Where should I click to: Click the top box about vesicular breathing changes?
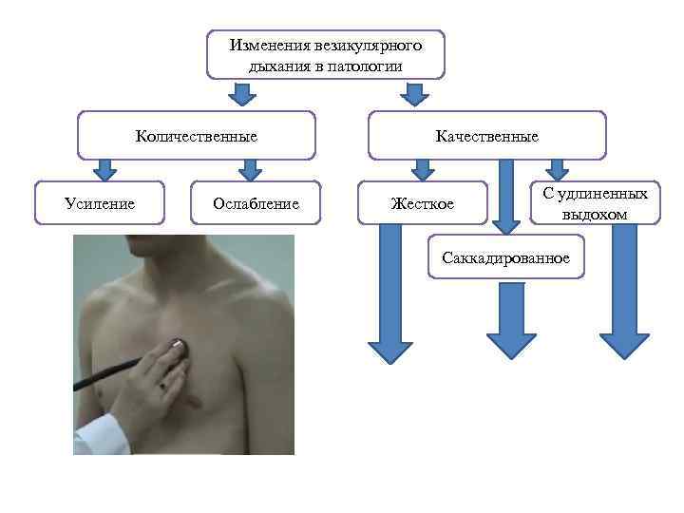tap(325, 54)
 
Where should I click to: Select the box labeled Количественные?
tap(196, 136)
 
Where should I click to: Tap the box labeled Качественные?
tap(486, 136)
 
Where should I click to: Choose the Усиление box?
tap(99, 202)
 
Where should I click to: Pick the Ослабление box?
tap(256, 202)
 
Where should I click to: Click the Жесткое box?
tap(423, 203)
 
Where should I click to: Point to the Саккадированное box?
tap(505, 257)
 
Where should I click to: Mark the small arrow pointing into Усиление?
tap(105, 169)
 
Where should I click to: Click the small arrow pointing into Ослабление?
tap(250, 169)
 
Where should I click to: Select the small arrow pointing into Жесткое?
tap(425, 169)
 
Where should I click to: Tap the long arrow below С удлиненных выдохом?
tap(624, 294)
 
